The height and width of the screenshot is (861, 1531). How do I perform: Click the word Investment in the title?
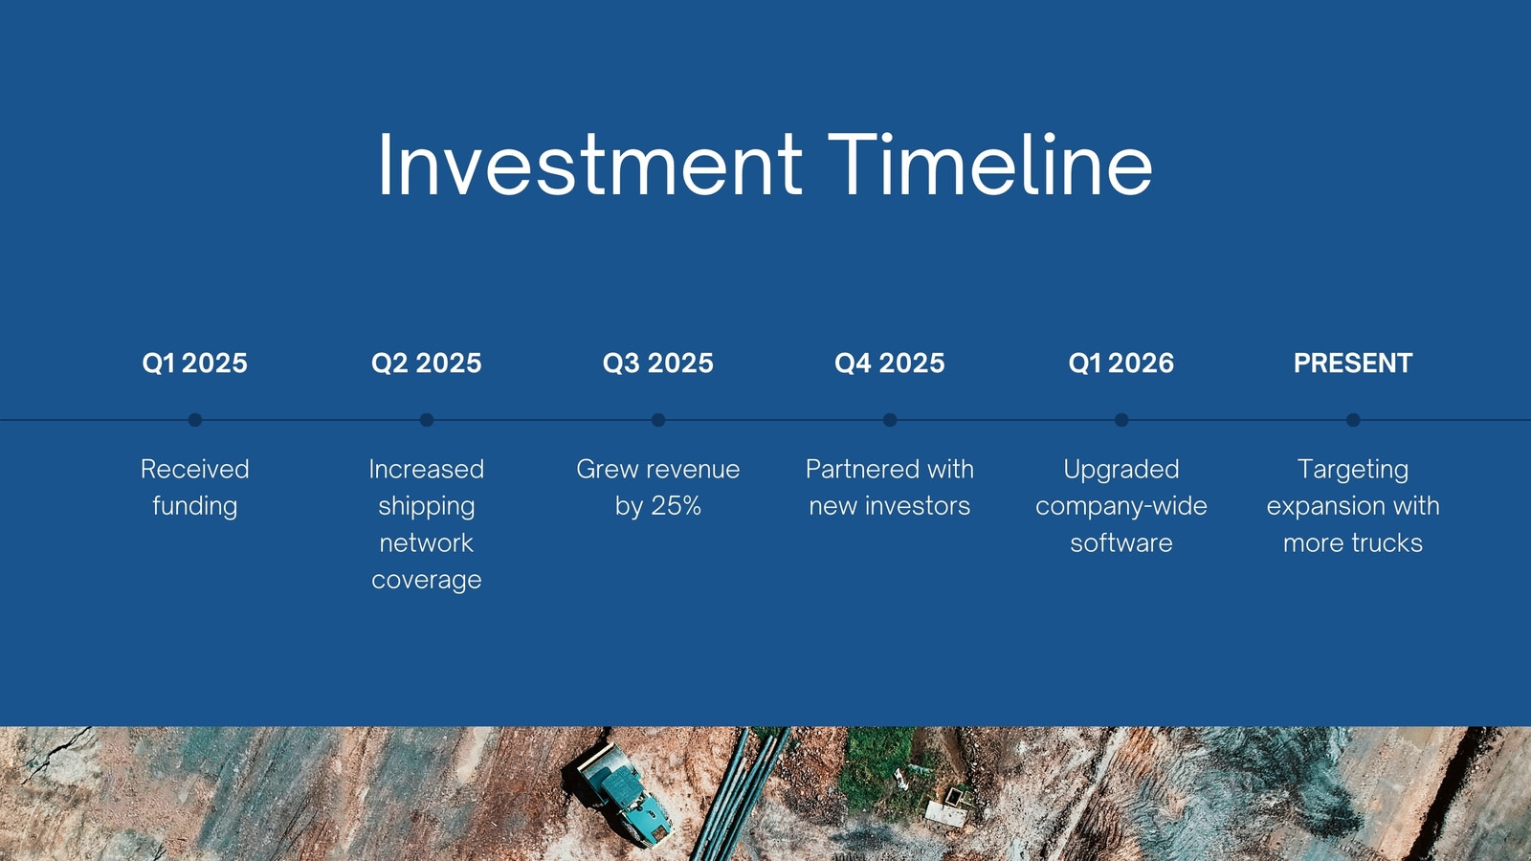589,165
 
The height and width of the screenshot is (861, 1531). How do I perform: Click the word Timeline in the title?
990,165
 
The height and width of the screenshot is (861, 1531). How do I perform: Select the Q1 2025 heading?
195,363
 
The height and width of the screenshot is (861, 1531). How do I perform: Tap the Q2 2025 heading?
427,363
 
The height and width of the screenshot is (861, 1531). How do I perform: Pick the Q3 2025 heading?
658,363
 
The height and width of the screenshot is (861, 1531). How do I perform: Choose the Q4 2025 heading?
890,363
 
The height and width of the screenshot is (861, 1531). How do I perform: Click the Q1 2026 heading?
1121,363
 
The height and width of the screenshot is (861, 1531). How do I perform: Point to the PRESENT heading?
1353,363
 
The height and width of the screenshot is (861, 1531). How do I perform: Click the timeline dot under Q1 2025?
195,420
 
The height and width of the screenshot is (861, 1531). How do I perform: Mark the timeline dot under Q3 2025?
658,420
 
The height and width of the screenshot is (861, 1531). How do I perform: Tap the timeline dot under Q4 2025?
890,420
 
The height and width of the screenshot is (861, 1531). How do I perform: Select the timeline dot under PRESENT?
1353,420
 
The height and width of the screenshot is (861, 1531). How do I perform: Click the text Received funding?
195,488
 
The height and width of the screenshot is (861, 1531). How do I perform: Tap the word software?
1121,543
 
